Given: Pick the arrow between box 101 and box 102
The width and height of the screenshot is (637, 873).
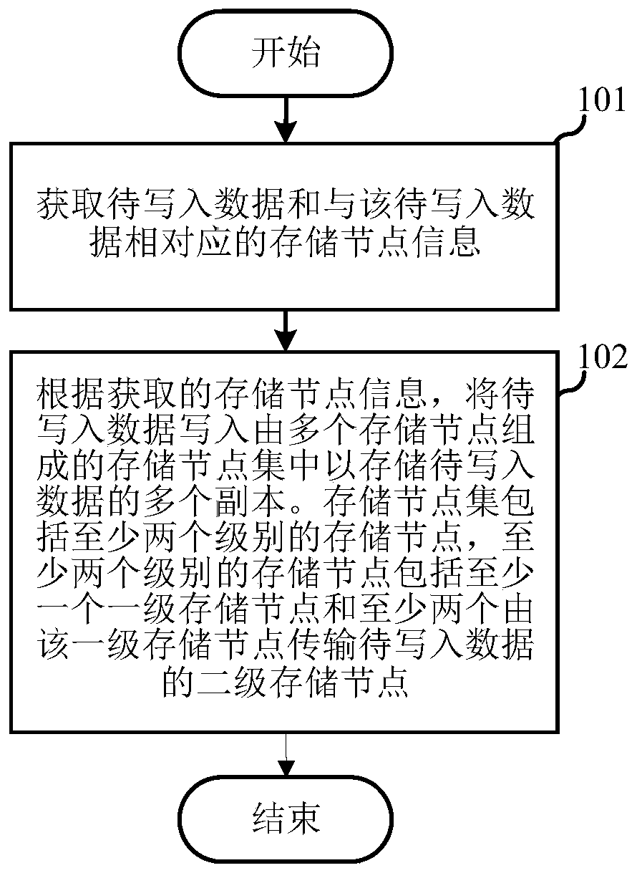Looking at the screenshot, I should click(x=285, y=330).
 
